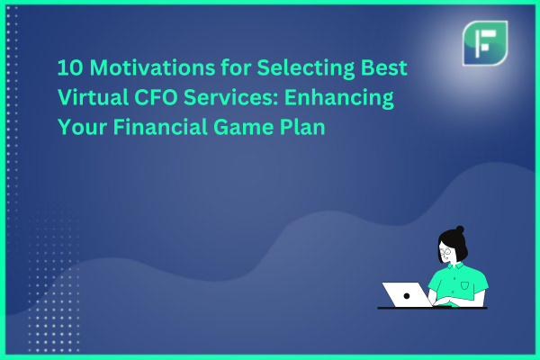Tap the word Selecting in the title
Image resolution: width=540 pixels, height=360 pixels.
tap(306, 68)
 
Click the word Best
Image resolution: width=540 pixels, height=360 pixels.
tap(384, 67)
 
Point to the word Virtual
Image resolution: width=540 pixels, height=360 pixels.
tap(93, 97)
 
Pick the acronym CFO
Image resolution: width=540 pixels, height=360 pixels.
tap(156, 97)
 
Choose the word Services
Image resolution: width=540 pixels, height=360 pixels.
tap(230, 97)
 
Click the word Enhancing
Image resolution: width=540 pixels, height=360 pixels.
tap(339, 98)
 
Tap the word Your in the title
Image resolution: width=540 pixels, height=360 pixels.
tap(82, 127)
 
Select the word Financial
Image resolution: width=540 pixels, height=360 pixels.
tap(160, 127)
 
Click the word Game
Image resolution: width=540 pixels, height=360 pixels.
tap(243, 128)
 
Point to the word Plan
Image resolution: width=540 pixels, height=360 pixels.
tap(302, 127)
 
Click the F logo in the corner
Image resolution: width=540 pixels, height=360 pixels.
tap(485, 43)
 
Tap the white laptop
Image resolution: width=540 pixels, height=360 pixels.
tap(408, 294)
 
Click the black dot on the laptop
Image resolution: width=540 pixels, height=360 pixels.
tap(407, 296)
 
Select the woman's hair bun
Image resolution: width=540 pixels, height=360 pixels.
tap(460, 229)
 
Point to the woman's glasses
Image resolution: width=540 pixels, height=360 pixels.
tap(445, 253)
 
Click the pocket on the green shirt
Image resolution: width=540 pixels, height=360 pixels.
tap(465, 285)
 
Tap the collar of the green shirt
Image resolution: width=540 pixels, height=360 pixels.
tap(455, 266)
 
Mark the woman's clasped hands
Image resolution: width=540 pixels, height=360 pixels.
tap(444, 301)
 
